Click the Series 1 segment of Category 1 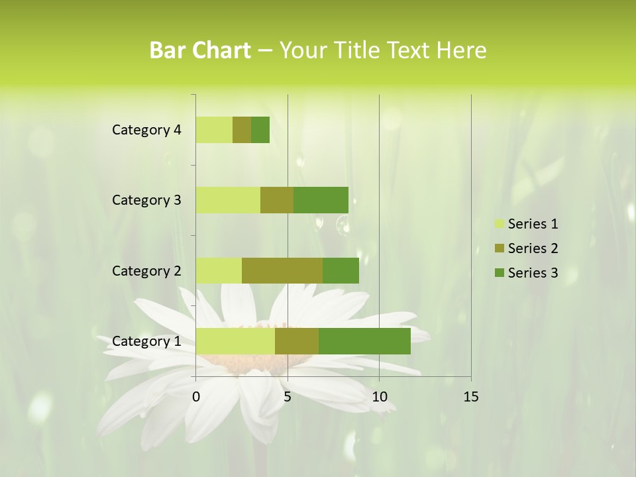click(x=235, y=341)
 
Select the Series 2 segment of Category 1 click(x=297, y=341)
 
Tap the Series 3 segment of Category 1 click(x=364, y=341)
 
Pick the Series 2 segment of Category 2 click(x=282, y=270)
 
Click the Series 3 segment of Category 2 click(x=341, y=270)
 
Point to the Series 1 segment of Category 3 click(x=228, y=200)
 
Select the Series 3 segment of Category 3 click(x=321, y=200)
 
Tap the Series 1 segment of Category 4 click(x=214, y=130)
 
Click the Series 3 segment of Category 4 click(x=260, y=130)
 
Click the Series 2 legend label click(x=533, y=248)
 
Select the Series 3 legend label click(x=533, y=273)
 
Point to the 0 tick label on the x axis click(x=196, y=397)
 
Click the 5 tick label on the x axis click(x=288, y=397)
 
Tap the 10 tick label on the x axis click(x=379, y=397)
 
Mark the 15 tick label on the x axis click(x=470, y=397)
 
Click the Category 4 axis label click(x=146, y=130)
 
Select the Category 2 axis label click(x=146, y=270)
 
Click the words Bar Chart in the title click(x=200, y=50)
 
